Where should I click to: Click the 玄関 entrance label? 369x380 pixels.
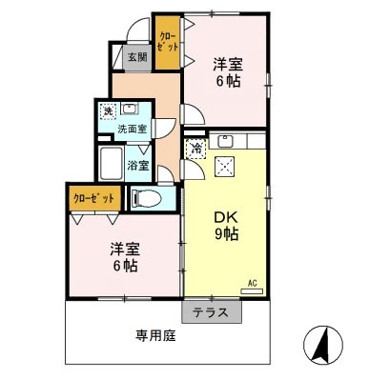(x=136, y=57)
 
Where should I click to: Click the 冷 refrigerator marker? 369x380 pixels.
(x=196, y=148)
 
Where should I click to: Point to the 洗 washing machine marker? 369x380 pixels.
(x=108, y=110)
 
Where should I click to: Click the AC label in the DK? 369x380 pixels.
(x=253, y=283)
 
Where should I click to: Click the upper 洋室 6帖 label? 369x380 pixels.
(x=227, y=72)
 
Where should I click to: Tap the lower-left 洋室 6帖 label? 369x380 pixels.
(x=124, y=257)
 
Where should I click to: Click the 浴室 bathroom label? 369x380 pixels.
(x=139, y=164)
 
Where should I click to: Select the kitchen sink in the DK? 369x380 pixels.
(x=226, y=141)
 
